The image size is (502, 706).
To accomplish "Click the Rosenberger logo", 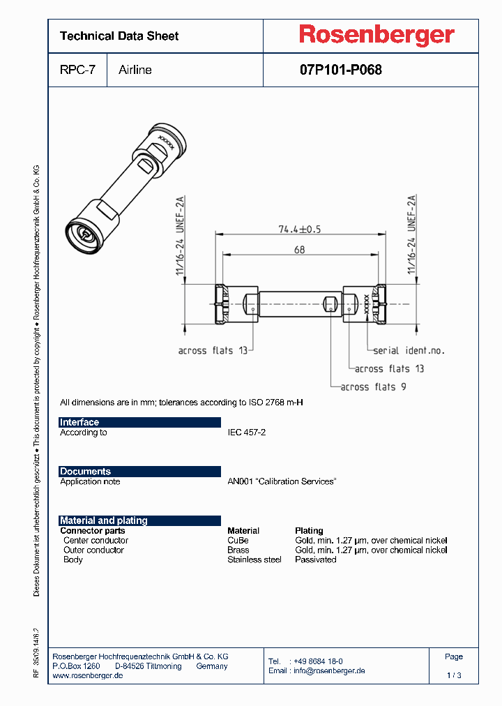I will click(376, 35).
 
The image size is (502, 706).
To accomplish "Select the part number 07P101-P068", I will click(341, 70).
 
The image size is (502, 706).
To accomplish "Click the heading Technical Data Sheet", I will click(119, 36).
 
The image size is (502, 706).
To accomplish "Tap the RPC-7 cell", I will click(77, 70).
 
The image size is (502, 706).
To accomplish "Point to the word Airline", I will click(135, 70).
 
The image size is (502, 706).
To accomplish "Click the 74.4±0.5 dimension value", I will click(299, 230).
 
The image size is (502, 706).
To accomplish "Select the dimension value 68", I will click(299, 250).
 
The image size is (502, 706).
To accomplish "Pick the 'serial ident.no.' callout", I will click(409, 351).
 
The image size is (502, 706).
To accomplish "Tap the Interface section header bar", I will click(139, 422).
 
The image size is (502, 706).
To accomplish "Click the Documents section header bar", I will click(139, 472).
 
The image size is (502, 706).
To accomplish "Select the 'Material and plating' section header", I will click(139, 520).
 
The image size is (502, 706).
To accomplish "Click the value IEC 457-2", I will click(246, 433).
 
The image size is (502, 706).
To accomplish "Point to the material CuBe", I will click(238, 540).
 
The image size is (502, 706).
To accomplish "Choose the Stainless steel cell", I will click(254, 559).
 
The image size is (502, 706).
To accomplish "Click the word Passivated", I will click(316, 559).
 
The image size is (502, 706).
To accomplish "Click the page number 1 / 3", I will click(454, 675).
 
